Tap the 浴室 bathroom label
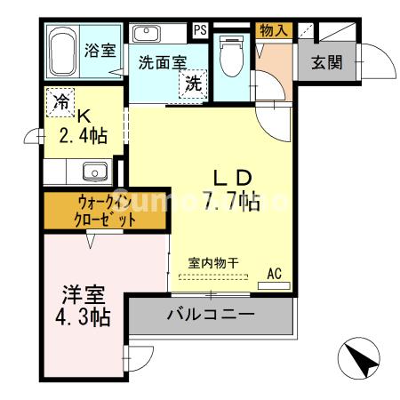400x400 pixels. pyautogui.click(x=100, y=50)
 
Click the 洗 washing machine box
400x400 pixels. pyautogui.click(x=192, y=84)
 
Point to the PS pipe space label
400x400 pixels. pyautogui.click(x=201, y=30)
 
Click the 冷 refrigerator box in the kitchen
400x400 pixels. pyautogui.click(x=60, y=101)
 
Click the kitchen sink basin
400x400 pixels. pyautogui.click(x=93, y=171)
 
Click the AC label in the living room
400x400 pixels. pyautogui.click(x=274, y=274)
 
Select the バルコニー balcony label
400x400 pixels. pyautogui.click(x=211, y=315)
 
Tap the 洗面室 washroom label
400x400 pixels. pyautogui.click(x=161, y=63)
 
